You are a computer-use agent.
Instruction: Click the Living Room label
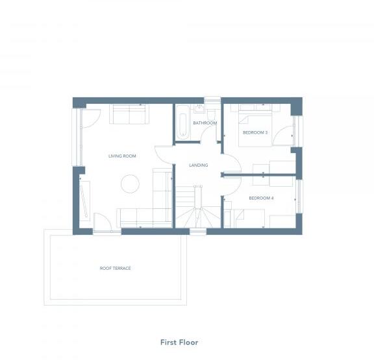pos(121,156)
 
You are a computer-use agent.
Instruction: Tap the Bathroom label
pos(204,123)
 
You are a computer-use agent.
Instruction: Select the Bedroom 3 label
pos(255,132)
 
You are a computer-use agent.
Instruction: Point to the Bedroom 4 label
pos(261,198)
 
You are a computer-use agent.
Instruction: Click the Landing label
pos(198,165)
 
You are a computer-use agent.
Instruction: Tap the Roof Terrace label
pos(115,268)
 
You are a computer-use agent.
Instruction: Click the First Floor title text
pos(179,342)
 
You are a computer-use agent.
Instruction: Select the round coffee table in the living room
pos(130,184)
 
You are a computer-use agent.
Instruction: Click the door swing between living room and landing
pos(164,155)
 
